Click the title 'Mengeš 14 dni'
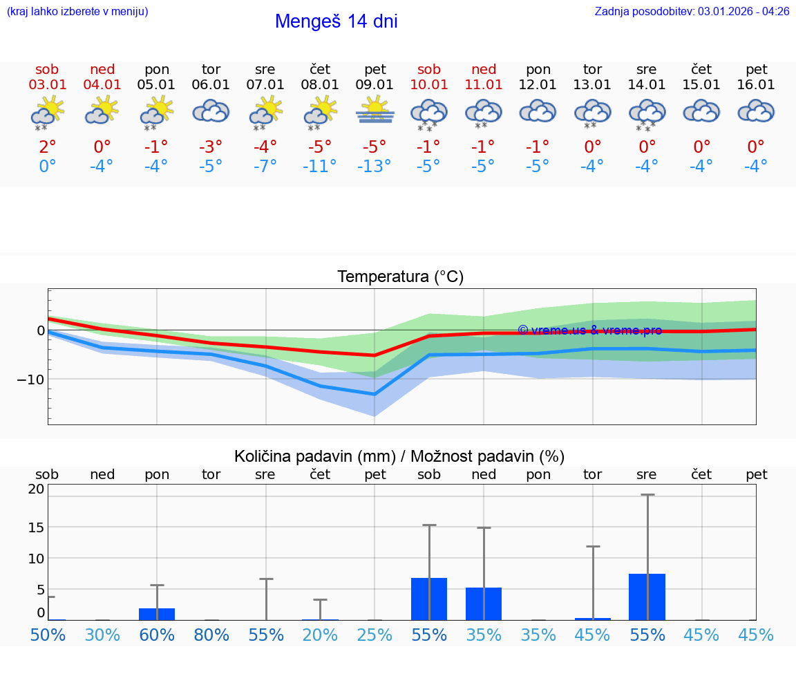click(336, 21)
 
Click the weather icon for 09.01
click(375, 111)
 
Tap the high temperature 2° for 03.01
click(47, 147)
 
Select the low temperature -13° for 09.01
click(375, 166)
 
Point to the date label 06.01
click(211, 85)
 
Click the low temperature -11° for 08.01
click(320, 166)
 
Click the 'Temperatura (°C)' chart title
click(400, 277)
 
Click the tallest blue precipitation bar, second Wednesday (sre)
click(647, 597)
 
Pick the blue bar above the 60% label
click(157, 614)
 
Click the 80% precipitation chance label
click(211, 635)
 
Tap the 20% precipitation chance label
click(320, 635)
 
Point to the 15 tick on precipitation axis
click(36, 527)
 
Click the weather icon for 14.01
click(647, 113)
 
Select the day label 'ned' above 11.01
click(484, 69)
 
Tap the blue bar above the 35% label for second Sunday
click(484, 603)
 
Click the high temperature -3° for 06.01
click(211, 147)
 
